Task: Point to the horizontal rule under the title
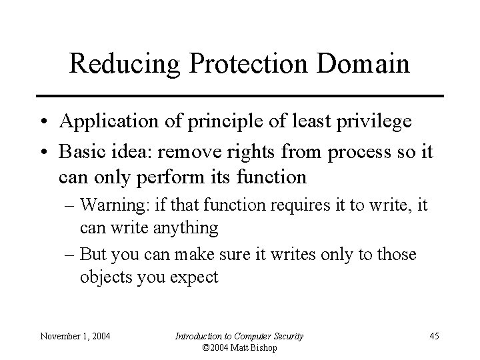pyautogui.click(x=240, y=96)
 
